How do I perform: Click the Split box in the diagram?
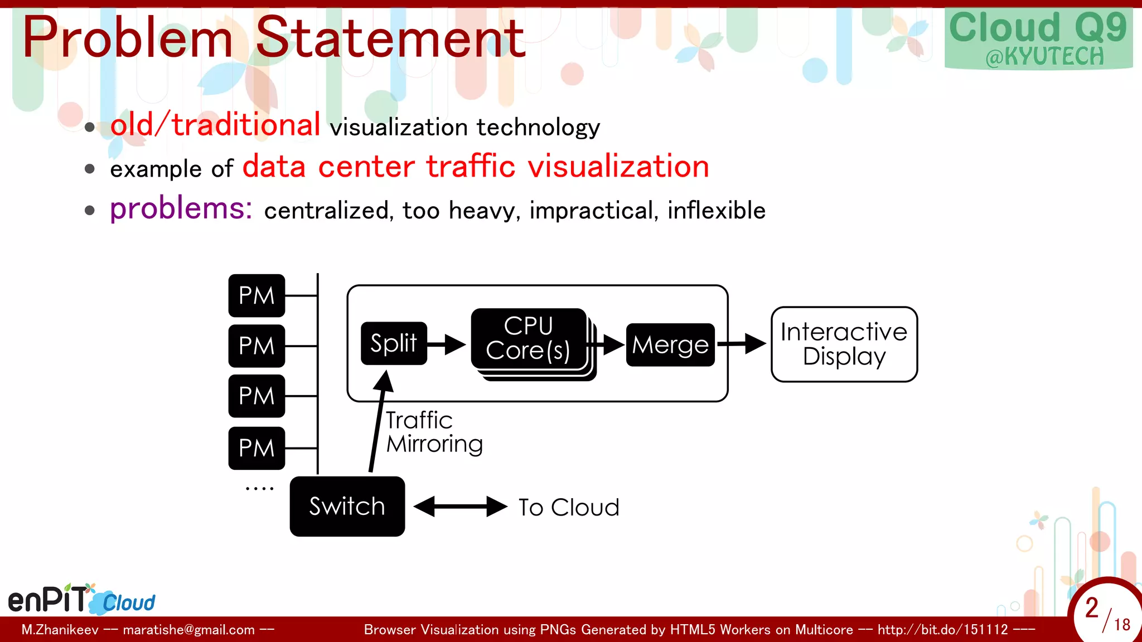[394, 343]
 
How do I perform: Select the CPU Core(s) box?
[528, 338]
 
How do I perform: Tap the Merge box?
[670, 345]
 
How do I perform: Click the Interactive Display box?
[844, 344]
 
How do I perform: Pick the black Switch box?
[347, 506]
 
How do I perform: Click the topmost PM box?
[257, 295]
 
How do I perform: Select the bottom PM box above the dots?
[257, 448]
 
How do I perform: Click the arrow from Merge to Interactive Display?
[742, 344]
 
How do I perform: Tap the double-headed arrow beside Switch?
[461, 507]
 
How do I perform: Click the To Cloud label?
[569, 508]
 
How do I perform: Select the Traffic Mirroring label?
[434, 432]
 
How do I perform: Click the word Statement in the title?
[390, 38]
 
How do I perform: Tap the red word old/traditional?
[215, 124]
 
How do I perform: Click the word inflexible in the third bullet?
[717, 211]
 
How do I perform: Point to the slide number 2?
[1092, 607]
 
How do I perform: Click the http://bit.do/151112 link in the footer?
[942, 630]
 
